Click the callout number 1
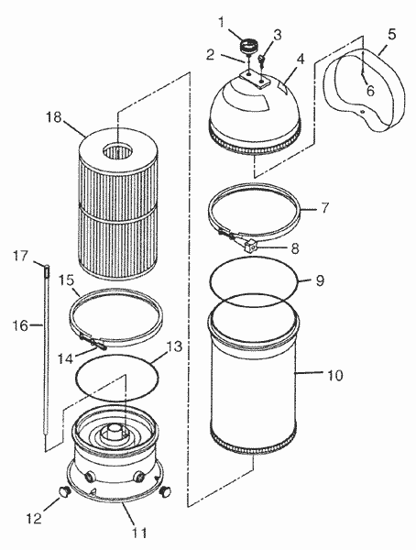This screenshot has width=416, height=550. pyautogui.click(x=219, y=21)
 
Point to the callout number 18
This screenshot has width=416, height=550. pyautogui.click(x=52, y=116)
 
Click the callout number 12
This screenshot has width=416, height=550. pyautogui.click(x=34, y=520)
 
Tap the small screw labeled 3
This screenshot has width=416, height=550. pyautogui.click(x=261, y=62)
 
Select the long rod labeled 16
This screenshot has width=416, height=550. pyautogui.click(x=43, y=357)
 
